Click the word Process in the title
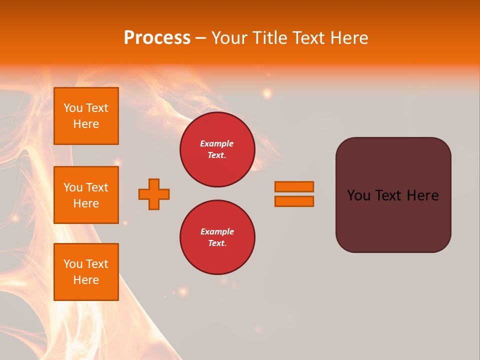(157, 38)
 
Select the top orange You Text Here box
(86, 116)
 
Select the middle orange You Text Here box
(86, 195)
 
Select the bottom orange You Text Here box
(86, 271)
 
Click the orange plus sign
(154, 194)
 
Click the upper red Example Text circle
(217, 149)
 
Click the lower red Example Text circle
(217, 237)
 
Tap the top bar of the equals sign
(294, 187)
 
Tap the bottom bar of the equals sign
(294, 201)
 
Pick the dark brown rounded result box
(393, 220)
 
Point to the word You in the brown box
(358, 195)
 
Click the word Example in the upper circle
(217, 143)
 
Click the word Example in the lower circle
(217, 231)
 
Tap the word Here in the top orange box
(86, 124)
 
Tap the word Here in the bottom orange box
(86, 280)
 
